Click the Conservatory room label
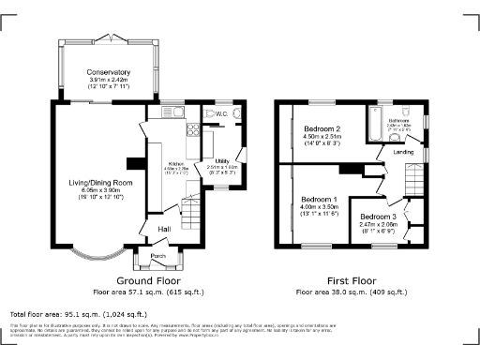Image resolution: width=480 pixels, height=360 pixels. [108, 73]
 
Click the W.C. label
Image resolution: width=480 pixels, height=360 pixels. [221, 114]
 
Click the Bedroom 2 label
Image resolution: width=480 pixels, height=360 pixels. [322, 128]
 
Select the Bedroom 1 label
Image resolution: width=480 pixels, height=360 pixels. [319, 200]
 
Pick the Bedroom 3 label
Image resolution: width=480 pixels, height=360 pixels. [380, 217]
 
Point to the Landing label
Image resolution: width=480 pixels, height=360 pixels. [404, 152]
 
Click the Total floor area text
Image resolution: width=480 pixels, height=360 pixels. [78, 314]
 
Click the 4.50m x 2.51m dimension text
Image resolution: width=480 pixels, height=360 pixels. [322, 137]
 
